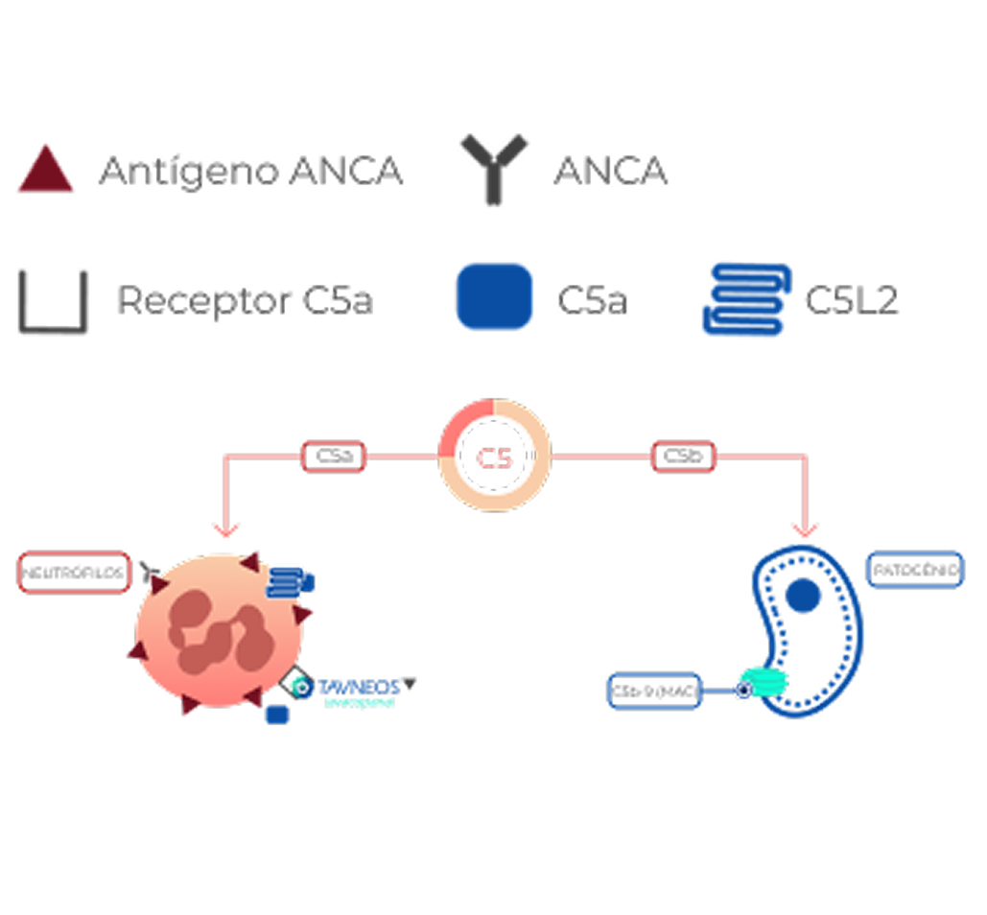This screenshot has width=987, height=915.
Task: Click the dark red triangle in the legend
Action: [x=45, y=171]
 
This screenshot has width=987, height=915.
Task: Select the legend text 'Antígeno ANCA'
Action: [x=251, y=172]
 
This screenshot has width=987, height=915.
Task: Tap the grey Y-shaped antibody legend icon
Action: [x=492, y=170]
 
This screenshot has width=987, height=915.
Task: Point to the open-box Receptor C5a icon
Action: [x=54, y=300]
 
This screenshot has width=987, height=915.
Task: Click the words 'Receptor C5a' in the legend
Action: [x=244, y=301]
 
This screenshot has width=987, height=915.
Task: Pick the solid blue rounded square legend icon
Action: [x=495, y=296]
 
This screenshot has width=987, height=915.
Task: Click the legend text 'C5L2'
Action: [x=851, y=301]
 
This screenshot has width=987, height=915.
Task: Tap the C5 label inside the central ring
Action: [x=495, y=457]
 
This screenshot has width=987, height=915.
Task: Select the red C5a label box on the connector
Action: [x=333, y=457]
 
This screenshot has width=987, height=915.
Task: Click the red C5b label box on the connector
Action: [x=684, y=457]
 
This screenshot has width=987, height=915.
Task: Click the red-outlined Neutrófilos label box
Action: [x=73, y=573]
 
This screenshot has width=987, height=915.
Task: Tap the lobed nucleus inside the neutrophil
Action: [x=217, y=630]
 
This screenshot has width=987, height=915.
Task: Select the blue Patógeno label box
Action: [x=914, y=570]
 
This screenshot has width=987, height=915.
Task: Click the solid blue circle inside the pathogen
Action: [x=803, y=597]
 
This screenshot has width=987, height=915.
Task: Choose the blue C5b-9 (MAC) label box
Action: [x=654, y=690]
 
